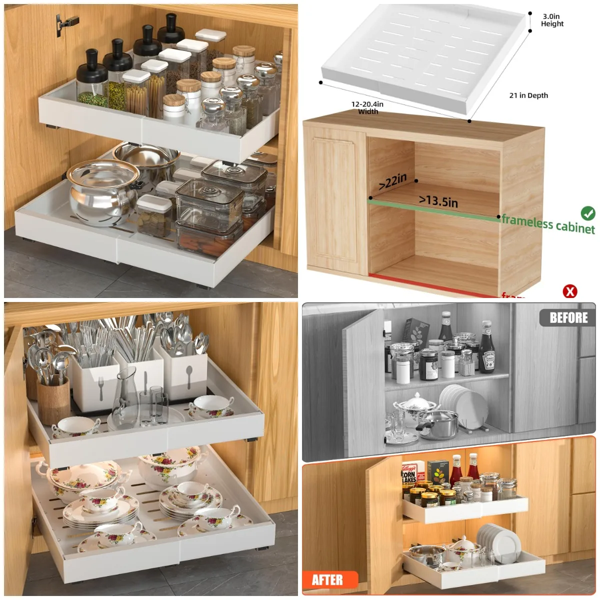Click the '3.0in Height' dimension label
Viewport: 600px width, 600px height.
coord(552,20)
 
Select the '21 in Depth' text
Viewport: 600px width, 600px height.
coord(528,95)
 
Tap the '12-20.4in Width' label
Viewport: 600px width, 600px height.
coord(367,107)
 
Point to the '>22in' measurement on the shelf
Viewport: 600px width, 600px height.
coord(392,181)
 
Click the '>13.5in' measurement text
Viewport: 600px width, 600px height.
coord(438,201)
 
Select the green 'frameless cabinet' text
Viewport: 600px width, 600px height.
coord(548,223)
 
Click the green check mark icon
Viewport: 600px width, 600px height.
coord(588,213)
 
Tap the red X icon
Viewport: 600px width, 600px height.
coord(570,291)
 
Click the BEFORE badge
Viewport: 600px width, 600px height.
coord(568,317)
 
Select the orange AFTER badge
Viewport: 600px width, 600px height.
coord(328,579)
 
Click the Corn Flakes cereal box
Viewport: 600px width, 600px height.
coord(409,475)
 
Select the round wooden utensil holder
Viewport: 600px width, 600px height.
coord(53,399)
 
